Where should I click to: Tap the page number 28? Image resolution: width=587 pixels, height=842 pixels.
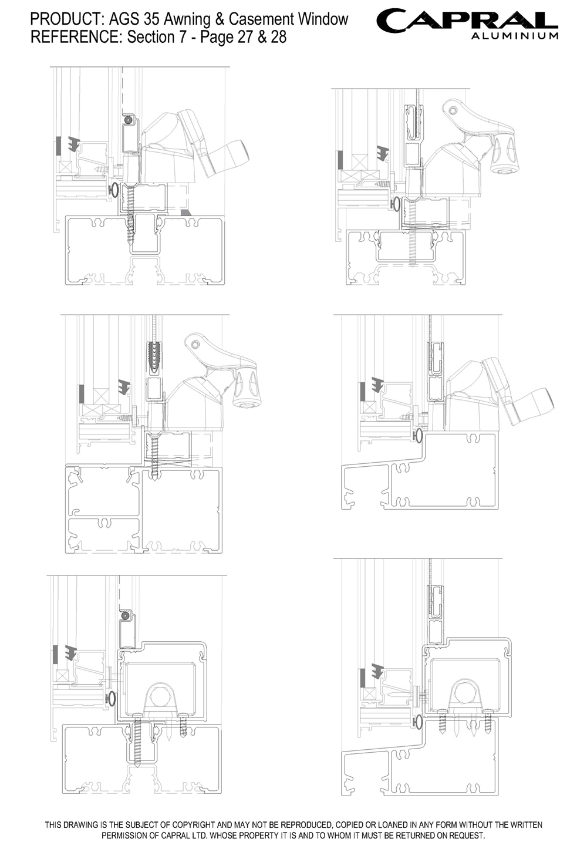(278, 37)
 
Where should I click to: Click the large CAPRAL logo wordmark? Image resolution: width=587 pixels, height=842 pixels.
(467, 21)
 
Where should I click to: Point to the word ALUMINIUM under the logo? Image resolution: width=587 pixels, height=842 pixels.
(514, 36)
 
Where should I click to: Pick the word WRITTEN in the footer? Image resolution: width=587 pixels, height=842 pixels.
(526, 825)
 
